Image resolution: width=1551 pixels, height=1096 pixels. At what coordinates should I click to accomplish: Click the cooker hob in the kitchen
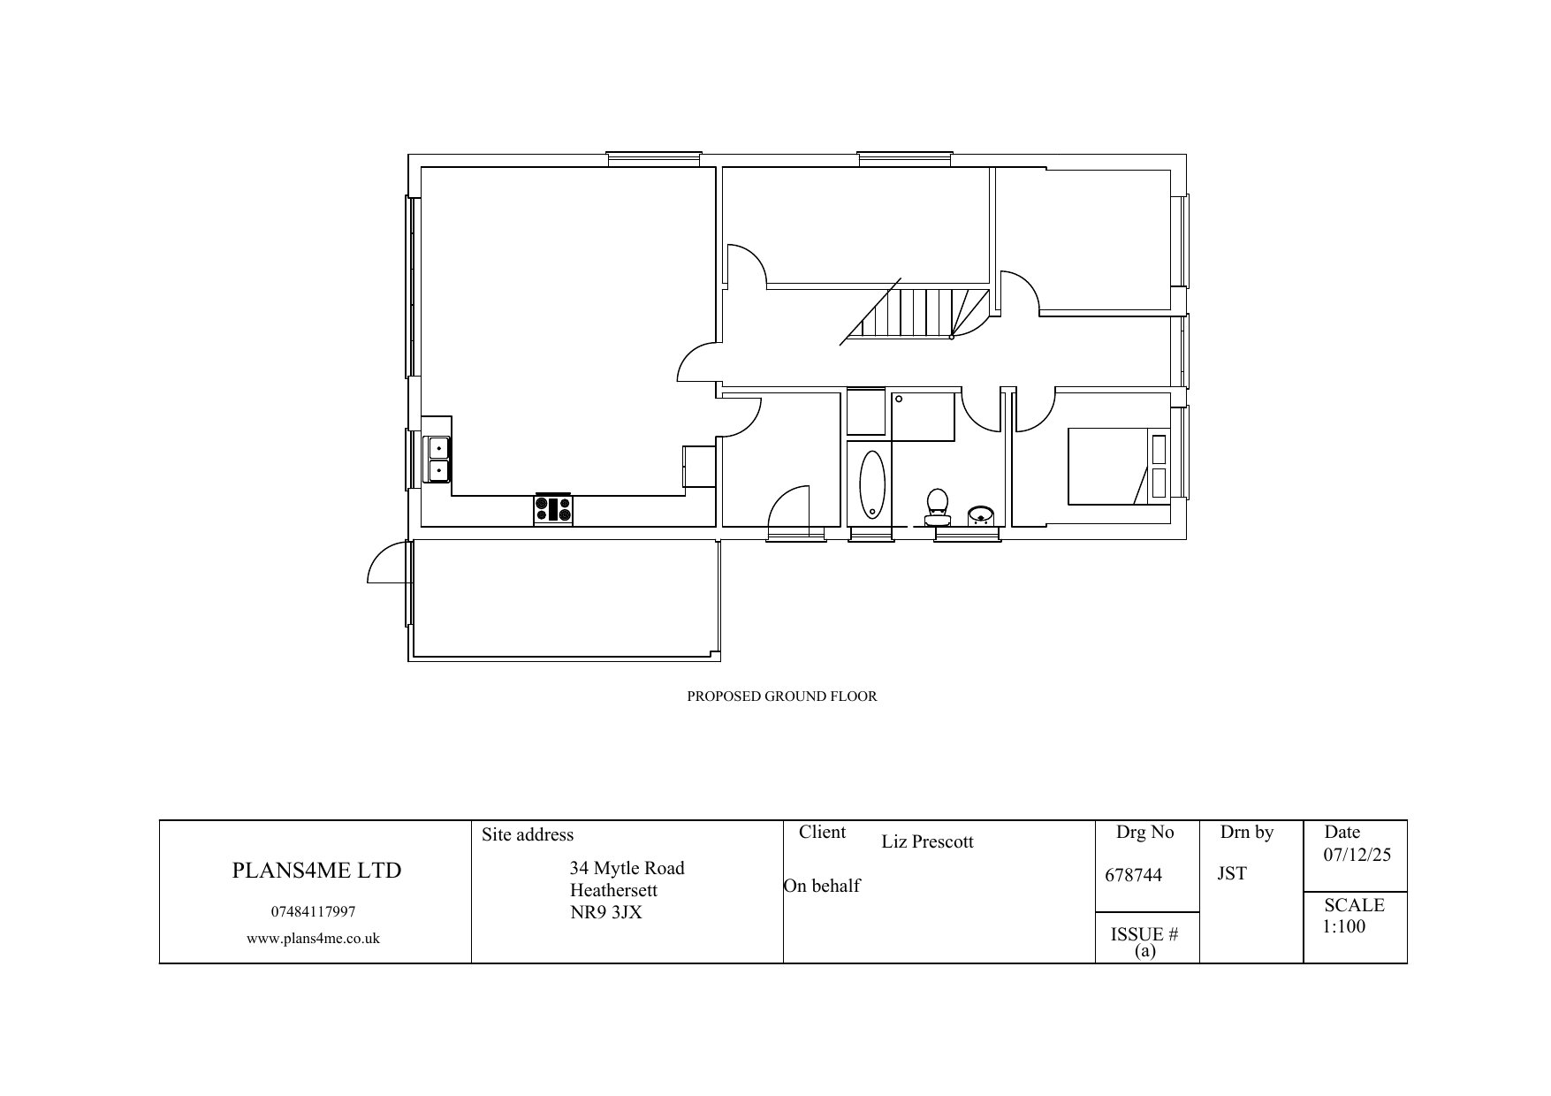pyautogui.click(x=553, y=509)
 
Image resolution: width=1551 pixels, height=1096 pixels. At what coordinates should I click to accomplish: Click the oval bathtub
pyautogui.click(x=871, y=483)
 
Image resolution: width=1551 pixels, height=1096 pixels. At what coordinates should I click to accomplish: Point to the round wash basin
pyautogui.click(x=980, y=514)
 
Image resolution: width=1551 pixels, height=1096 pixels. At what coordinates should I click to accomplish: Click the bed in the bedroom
pyautogui.click(x=1118, y=466)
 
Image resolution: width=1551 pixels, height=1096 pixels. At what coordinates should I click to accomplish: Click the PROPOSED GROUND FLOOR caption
pyautogui.click(x=782, y=696)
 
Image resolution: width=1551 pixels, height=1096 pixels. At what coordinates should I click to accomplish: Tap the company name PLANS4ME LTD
pyautogui.click(x=316, y=871)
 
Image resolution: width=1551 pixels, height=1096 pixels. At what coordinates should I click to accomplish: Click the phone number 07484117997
pyautogui.click(x=313, y=912)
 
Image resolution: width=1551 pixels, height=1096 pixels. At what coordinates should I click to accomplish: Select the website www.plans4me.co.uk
pyautogui.click(x=313, y=939)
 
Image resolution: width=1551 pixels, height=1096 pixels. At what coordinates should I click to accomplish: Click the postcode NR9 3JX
pyautogui.click(x=606, y=913)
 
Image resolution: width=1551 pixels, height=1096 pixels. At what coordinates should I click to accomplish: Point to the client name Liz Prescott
pyautogui.click(x=927, y=841)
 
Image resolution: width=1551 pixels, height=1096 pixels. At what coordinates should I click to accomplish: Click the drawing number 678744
pyautogui.click(x=1134, y=875)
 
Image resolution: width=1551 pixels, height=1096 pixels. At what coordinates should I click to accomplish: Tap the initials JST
pyautogui.click(x=1232, y=873)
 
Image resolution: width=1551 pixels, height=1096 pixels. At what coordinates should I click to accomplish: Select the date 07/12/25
pyautogui.click(x=1357, y=855)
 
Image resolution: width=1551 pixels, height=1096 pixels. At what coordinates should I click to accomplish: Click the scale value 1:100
pyautogui.click(x=1344, y=926)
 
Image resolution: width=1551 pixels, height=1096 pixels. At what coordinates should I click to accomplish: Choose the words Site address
pyautogui.click(x=528, y=834)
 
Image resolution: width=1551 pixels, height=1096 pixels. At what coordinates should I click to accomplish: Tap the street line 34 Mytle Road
pyautogui.click(x=627, y=869)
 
